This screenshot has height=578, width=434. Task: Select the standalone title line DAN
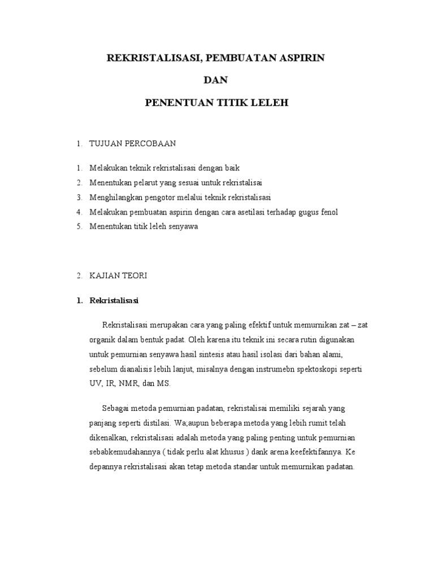point(217,81)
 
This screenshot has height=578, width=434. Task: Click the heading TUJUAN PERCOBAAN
point(133,144)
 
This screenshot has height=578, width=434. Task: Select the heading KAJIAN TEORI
point(118,275)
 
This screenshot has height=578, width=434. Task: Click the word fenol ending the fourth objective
point(328,212)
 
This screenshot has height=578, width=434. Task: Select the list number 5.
point(80,226)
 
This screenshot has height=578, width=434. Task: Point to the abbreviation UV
point(96,383)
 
